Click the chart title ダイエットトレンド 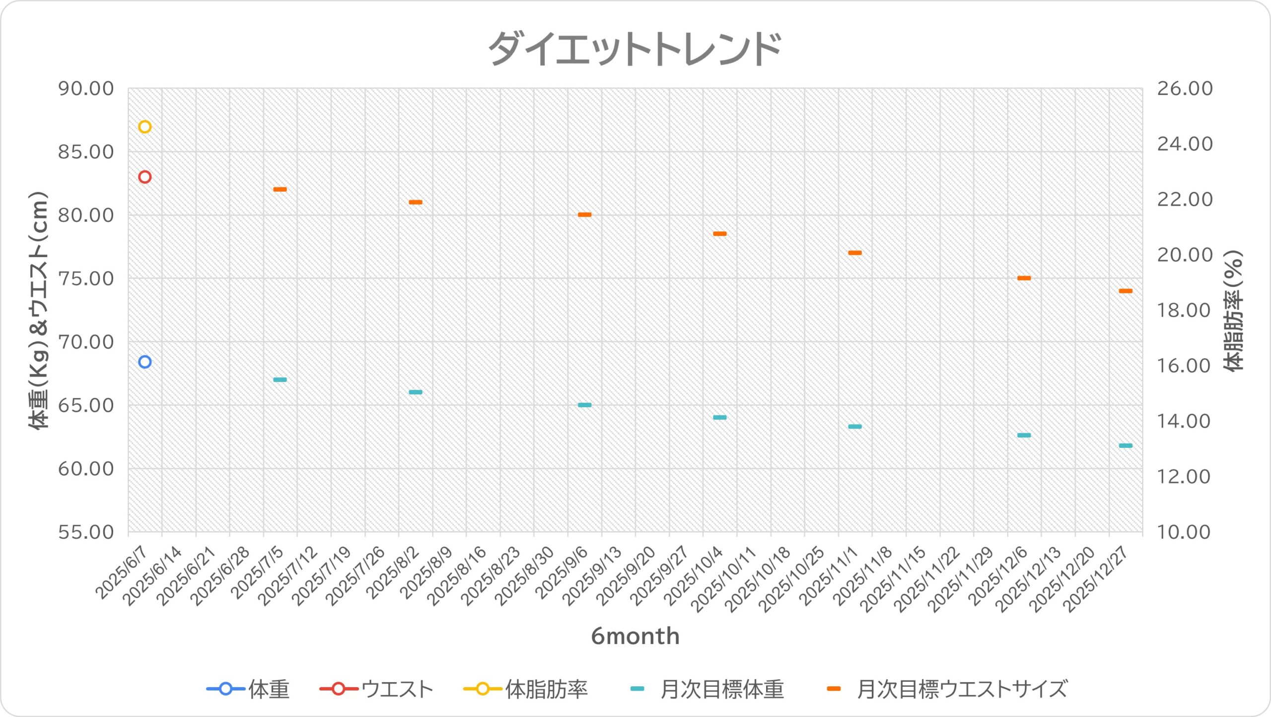point(635,48)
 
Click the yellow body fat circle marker point(144,127)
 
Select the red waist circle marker point(144,177)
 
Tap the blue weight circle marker point(144,362)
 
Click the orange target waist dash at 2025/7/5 point(280,189)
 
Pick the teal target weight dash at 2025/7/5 point(280,380)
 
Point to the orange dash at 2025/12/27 point(1126,291)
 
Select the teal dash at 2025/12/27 point(1126,446)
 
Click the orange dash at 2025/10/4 point(719,233)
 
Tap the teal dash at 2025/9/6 point(584,405)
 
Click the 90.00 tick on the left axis point(86,89)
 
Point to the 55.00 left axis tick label point(86,532)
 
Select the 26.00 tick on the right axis point(1185,89)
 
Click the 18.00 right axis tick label point(1185,310)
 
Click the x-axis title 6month point(635,636)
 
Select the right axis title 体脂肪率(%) point(1233,310)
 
